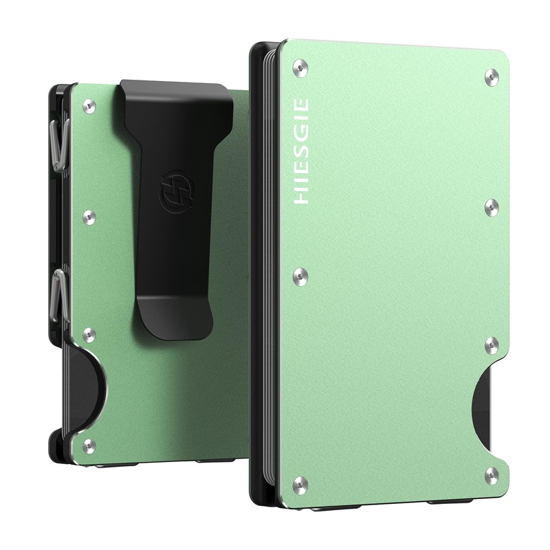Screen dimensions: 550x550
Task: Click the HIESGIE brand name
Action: coord(301,151)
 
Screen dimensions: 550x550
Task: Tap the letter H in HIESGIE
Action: coord(301,197)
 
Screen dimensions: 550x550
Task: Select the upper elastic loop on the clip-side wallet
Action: coord(60,146)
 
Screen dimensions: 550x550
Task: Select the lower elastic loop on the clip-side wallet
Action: coord(60,296)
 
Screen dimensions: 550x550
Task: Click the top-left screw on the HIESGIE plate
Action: coord(300,67)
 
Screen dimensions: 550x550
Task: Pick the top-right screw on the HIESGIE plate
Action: coord(492,77)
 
